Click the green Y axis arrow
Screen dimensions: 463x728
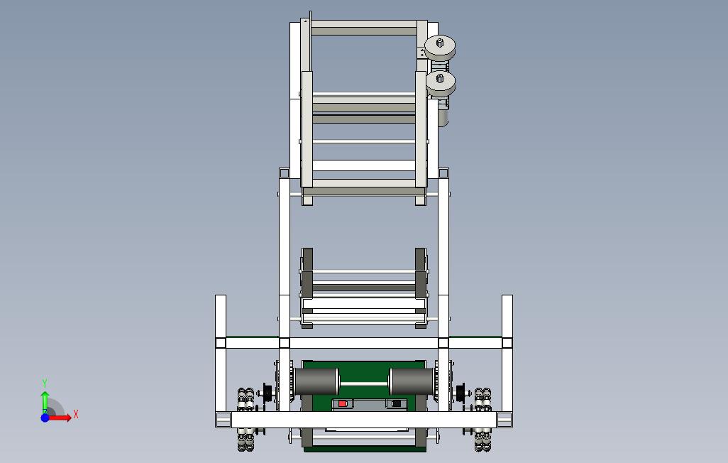click(45, 398)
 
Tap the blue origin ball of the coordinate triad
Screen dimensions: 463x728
click(45, 418)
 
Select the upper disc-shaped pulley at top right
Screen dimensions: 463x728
click(440, 47)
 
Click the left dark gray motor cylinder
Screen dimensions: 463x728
click(316, 381)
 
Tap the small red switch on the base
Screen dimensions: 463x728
click(343, 404)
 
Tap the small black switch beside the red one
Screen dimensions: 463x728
click(395, 404)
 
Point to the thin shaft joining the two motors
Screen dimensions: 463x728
click(364, 383)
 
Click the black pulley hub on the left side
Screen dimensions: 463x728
click(268, 393)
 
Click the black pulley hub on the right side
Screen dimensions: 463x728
click(460, 393)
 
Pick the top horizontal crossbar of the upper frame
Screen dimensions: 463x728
click(363, 28)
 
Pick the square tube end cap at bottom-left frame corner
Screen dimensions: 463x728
click(223, 420)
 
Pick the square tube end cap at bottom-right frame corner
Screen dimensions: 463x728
click(504, 420)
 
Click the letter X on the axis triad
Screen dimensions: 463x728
click(76, 415)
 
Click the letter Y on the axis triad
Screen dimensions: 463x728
click(45, 383)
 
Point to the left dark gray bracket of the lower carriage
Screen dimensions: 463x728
click(307, 273)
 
